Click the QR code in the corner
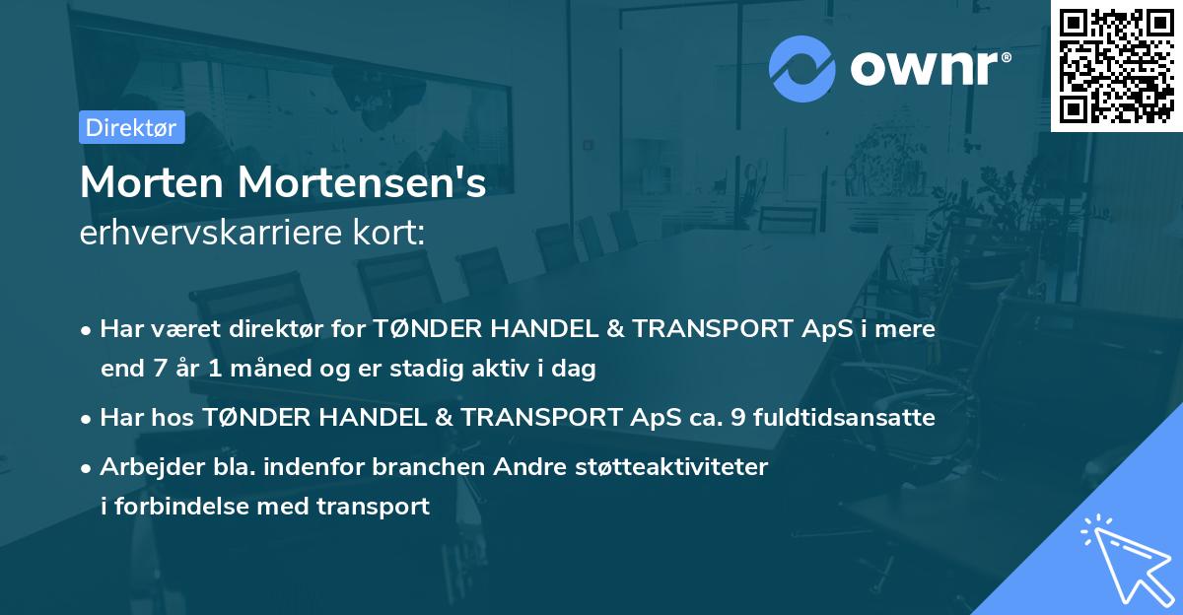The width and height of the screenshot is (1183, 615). click(1115, 66)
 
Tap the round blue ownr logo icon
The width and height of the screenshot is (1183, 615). click(802, 69)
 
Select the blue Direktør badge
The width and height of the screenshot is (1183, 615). click(131, 127)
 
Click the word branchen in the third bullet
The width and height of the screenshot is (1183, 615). click(420, 466)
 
